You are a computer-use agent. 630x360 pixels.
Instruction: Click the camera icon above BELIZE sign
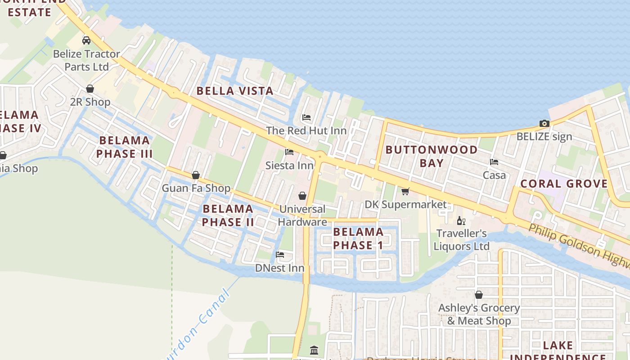coord(544,123)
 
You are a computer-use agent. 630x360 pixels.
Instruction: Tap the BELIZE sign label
coord(544,136)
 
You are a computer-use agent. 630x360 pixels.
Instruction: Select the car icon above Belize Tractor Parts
coord(86,40)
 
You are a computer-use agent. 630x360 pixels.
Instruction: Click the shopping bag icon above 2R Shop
coord(90,89)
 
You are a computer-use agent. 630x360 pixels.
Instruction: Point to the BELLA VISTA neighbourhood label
coord(235,91)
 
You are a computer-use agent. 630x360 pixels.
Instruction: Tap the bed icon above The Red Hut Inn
coord(306,117)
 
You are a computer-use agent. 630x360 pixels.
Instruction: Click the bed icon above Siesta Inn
coord(289,152)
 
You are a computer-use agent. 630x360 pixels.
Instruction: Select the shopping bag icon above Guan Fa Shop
coord(196,175)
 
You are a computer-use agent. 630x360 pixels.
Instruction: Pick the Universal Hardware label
coord(302,216)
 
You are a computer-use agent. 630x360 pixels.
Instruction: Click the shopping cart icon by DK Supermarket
coord(405,192)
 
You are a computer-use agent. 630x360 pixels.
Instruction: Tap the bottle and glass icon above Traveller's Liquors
coord(461,220)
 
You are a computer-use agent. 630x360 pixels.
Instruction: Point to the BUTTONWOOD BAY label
coord(432,156)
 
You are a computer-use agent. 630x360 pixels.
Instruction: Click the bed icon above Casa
coord(494,162)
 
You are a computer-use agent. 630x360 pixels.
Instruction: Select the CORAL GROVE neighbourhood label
coord(564,184)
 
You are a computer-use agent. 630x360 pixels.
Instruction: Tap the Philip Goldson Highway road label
coord(579,246)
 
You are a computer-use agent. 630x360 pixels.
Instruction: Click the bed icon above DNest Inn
coord(280,255)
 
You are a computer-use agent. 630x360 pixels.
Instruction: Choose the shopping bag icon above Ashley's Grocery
coord(479,295)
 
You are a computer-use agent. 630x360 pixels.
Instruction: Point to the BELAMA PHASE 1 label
coord(358,238)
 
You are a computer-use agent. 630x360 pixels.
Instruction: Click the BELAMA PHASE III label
coord(124,147)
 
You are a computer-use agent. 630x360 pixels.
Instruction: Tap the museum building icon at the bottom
coord(314,350)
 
